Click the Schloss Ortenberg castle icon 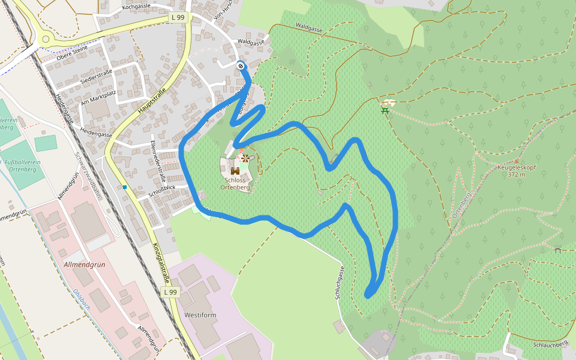tap(235, 171)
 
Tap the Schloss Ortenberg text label tap(235, 184)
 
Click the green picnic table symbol tap(385, 110)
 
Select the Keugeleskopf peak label tap(516, 171)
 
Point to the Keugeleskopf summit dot tap(516, 161)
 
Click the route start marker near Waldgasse tap(241, 65)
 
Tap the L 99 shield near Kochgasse tap(178, 18)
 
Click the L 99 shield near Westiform tap(171, 292)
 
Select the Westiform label tap(200, 315)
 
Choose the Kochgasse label tap(136, 6)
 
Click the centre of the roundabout tap(45, 39)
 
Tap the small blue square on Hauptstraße tap(125, 187)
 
